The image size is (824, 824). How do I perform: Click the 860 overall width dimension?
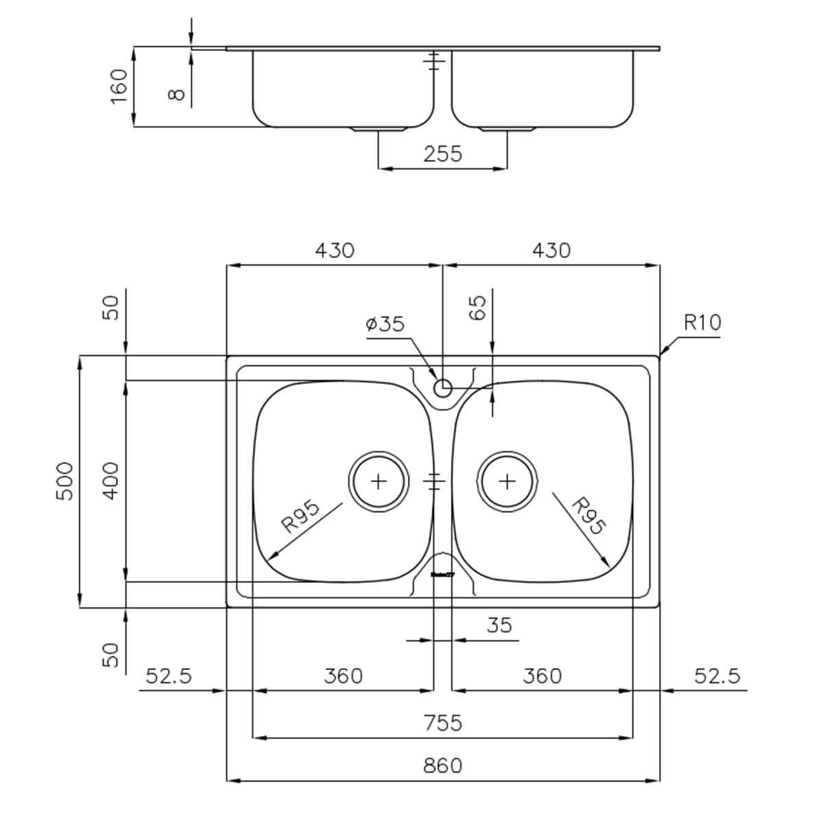click(443, 765)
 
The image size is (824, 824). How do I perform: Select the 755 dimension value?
click(443, 723)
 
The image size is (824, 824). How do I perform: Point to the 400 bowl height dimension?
click(111, 481)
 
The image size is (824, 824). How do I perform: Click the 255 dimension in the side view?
click(443, 154)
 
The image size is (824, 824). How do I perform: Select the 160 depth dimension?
click(119, 86)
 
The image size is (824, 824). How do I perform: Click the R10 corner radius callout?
click(702, 322)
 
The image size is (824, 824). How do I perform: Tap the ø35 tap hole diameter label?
click(385, 324)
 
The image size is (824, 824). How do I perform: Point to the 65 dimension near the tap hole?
click(479, 307)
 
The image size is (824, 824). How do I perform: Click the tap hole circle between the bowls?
click(443, 388)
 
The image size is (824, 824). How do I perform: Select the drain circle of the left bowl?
click(378, 481)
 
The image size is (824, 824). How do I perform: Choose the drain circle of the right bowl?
click(507, 481)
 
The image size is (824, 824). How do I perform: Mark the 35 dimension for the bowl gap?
click(499, 626)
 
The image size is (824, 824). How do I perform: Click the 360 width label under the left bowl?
click(343, 676)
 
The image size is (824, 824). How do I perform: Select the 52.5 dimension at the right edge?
click(718, 676)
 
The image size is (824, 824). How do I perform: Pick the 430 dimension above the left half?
click(334, 251)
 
